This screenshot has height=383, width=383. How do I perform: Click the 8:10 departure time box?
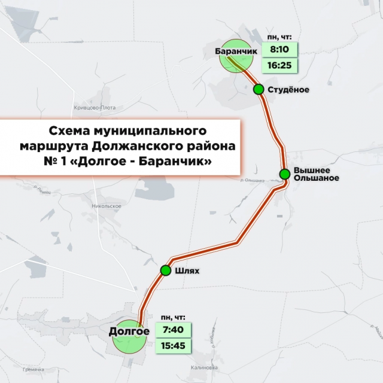[280, 50]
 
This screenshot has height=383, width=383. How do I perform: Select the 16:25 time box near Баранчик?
[280, 64]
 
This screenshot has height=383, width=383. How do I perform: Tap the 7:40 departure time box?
[173, 330]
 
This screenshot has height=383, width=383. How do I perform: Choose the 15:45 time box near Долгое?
[173, 345]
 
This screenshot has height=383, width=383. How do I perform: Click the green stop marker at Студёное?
[259, 89]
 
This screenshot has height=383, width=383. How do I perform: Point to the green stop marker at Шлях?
[166, 270]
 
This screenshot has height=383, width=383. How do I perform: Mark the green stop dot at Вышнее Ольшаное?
[285, 174]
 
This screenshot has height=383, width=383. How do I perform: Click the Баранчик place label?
[236, 51]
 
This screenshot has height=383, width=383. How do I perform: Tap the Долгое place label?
[129, 331]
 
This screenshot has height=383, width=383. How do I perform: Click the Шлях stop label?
[188, 271]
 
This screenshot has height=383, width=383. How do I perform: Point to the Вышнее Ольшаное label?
[317, 174]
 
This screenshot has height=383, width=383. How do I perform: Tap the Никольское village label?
[107, 206]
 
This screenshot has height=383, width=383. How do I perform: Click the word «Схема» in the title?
[69, 130]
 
